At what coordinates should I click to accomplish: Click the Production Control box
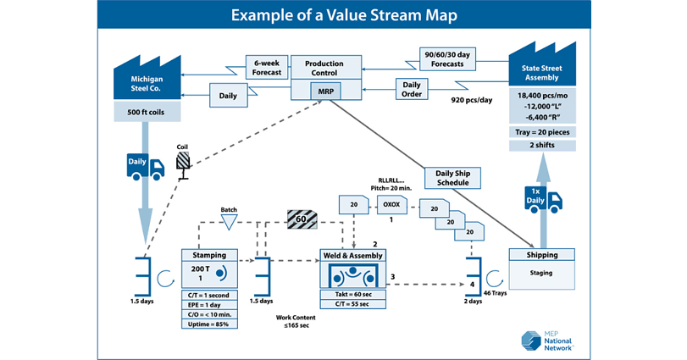[x=324, y=68]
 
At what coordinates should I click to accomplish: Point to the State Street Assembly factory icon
[x=541, y=64]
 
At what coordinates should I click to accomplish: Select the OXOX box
[x=391, y=204]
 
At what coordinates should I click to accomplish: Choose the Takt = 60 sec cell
[x=352, y=294]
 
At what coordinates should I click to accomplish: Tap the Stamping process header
[x=209, y=254]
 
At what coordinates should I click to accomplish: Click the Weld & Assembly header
[x=352, y=255]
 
